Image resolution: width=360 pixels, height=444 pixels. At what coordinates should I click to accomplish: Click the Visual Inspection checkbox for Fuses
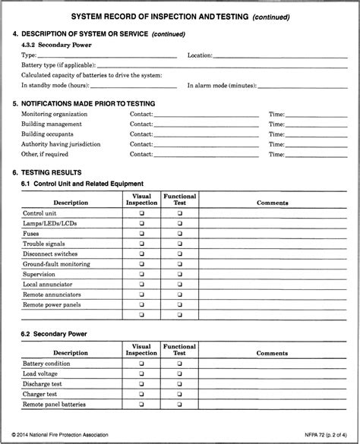(141, 234)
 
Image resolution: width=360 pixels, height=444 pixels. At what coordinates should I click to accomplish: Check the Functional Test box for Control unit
(180, 214)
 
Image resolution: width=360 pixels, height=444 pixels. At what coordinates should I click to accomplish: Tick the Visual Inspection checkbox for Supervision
(141, 274)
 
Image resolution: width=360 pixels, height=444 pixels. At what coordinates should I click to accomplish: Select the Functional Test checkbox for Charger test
(180, 395)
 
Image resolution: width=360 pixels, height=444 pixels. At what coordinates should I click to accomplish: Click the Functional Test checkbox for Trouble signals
(180, 244)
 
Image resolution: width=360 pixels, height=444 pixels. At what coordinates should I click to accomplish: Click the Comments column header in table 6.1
(272, 203)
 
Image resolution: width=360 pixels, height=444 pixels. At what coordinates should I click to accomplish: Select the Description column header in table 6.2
(71, 353)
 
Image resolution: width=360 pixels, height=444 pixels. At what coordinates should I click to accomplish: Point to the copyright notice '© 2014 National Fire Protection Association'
(60, 435)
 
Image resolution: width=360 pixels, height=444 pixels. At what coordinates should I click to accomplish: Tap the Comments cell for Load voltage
(272, 374)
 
